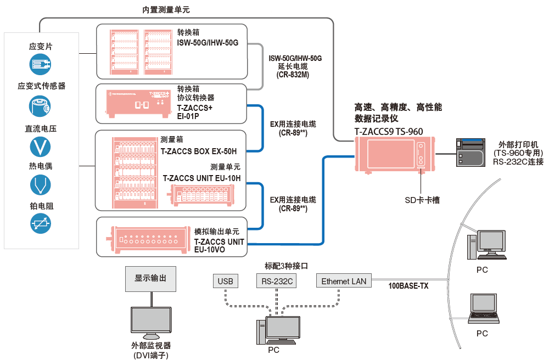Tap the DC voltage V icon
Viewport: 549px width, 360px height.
point(40,146)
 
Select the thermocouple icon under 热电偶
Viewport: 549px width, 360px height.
point(40,185)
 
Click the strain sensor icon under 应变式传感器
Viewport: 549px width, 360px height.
point(40,105)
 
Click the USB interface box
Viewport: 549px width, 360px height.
point(225,282)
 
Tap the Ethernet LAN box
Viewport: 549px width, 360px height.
point(344,282)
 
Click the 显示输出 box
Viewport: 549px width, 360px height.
point(150,278)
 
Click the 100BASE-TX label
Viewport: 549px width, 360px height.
point(408,286)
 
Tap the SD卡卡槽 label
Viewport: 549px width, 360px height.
point(418,200)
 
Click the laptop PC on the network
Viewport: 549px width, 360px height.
point(482,310)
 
